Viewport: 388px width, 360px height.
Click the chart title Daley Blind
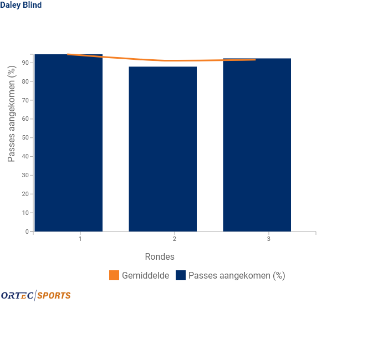pos(21,5)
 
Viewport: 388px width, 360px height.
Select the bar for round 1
pos(69,143)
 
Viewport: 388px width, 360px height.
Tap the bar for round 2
pos(163,149)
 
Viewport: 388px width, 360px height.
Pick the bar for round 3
pos(257,145)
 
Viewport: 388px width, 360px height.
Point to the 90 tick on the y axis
pos(25,63)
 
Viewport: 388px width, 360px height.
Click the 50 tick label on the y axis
pos(25,137)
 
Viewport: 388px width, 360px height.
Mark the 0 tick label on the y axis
pos(27,232)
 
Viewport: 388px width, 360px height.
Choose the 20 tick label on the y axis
pos(25,194)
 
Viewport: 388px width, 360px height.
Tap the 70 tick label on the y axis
pos(25,100)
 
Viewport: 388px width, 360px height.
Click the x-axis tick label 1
pos(80,239)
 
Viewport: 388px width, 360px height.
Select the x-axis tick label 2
pos(175,239)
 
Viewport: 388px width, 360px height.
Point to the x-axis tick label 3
pos(269,239)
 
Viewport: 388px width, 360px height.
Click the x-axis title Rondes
pos(160,256)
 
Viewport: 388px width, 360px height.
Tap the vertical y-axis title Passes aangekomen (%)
pos(12,114)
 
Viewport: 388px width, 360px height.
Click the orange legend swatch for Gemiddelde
pos(114,275)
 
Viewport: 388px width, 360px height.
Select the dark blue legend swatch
pos(181,275)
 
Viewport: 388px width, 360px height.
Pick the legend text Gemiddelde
pos(145,275)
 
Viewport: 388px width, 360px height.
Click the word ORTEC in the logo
pos(17,295)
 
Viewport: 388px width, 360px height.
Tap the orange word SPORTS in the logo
pos(54,295)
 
